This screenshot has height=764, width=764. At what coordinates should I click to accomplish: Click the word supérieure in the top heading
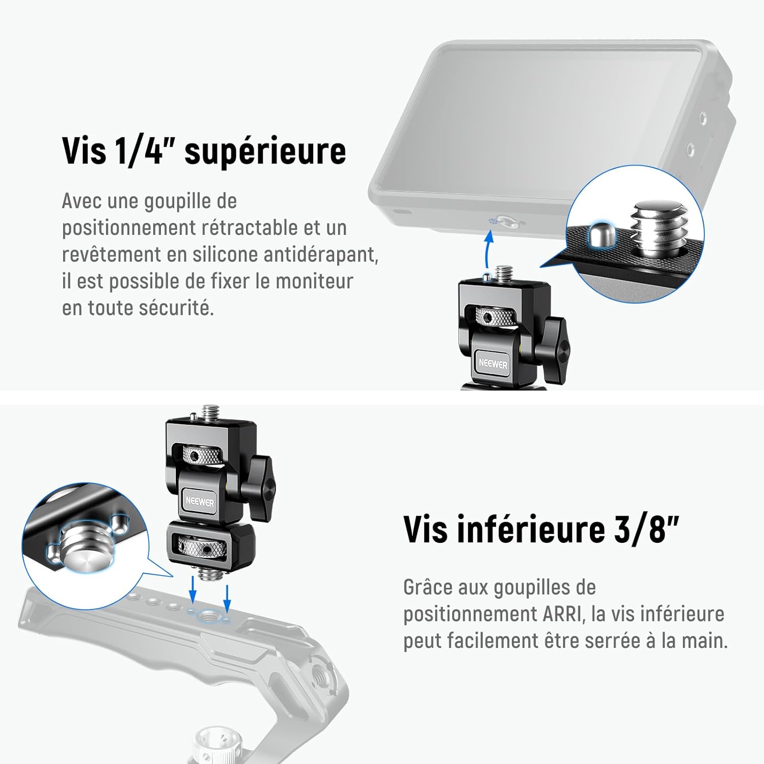pyautogui.click(x=265, y=151)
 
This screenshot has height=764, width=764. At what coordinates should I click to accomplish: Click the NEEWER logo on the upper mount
pyautogui.click(x=493, y=364)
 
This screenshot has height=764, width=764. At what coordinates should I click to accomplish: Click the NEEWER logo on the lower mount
pyautogui.click(x=200, y=501)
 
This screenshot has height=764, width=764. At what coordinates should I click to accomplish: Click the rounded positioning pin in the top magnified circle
pyautogui.click(x=600, y=234)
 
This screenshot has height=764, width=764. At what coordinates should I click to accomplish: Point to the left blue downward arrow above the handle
pyautogui.click(x=193, y=588)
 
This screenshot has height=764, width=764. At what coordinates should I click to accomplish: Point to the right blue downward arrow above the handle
pyautogui.click(x=227, y=596)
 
